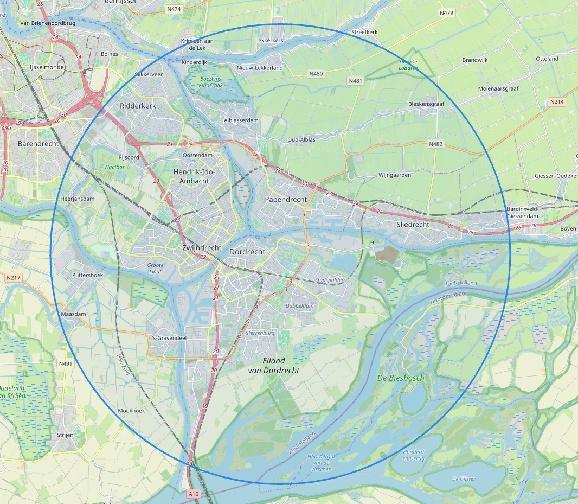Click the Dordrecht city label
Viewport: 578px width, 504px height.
(x=247, y=252)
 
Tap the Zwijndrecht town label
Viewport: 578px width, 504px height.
(x=202, y=248)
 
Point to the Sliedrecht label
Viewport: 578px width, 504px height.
(x=413, y=224)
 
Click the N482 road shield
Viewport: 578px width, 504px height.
(x=435, y=144)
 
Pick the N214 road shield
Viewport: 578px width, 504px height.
(x=556, y=101)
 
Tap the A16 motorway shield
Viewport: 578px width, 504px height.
(x=194, y=494)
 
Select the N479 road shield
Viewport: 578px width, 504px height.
(x=446, y=12)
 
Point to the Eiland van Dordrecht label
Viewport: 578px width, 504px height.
(x=273, y=365)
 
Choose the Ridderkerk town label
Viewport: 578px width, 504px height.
(x=138, y=106)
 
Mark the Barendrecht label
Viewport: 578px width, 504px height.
(x=38, y=144)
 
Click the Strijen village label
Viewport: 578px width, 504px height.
(x=65, y=435)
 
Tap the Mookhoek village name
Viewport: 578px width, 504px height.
(x=131, y=411)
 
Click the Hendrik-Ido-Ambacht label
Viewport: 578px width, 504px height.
(x=194, y=176)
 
